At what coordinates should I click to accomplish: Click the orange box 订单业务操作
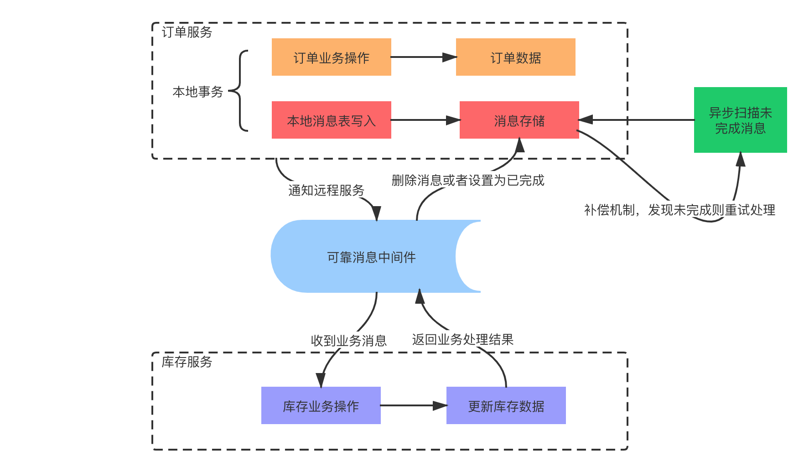[x=331, y=57]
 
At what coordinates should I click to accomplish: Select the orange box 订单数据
[x=515, y=57]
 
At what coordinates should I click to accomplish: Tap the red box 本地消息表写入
[x=331, y=120]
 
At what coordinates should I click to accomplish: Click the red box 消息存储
[x=519, y=120]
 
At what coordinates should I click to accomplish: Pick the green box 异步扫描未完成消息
[x=740, y=120]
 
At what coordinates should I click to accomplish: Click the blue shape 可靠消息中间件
[x=370, y=257]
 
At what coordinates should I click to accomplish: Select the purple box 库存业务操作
[x=321, y=405]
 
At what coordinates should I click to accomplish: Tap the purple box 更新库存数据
[x=506, y=405]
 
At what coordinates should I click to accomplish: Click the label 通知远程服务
[x=326, y=190]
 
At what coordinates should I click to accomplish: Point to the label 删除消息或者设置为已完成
[x=468, y=180]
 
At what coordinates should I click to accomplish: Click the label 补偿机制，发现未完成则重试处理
[x=679, y=209]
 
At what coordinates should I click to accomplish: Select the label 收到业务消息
[x=349, y=340]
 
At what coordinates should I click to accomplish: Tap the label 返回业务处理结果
[x=462, y=339]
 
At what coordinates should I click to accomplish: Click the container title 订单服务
[x=187, y=32]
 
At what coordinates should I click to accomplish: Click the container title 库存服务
[x=187, y=362]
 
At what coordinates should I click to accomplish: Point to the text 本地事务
[x=197, y=92]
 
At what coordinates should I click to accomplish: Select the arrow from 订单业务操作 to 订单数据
[x=423, y=57]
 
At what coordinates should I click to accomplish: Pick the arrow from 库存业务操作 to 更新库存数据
[x=413, y=405]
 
